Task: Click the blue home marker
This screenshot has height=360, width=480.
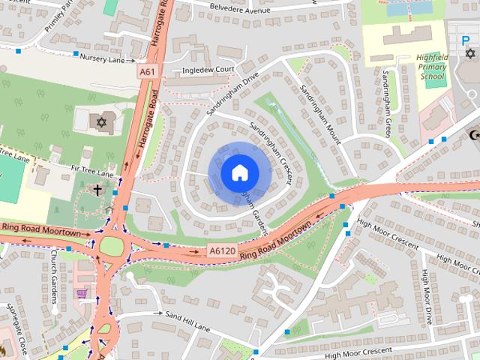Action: [239, 172]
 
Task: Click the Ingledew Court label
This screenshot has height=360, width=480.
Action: [209, 70]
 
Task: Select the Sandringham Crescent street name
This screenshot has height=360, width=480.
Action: [271, 153]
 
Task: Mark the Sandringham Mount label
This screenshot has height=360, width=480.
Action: [320, 110]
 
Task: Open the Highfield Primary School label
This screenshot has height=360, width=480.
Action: [431, 67]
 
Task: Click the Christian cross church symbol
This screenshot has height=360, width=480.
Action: [97, 190]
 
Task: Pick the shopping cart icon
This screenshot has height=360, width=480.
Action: [82, 293]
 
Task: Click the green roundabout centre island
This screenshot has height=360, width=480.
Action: [111, 245]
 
